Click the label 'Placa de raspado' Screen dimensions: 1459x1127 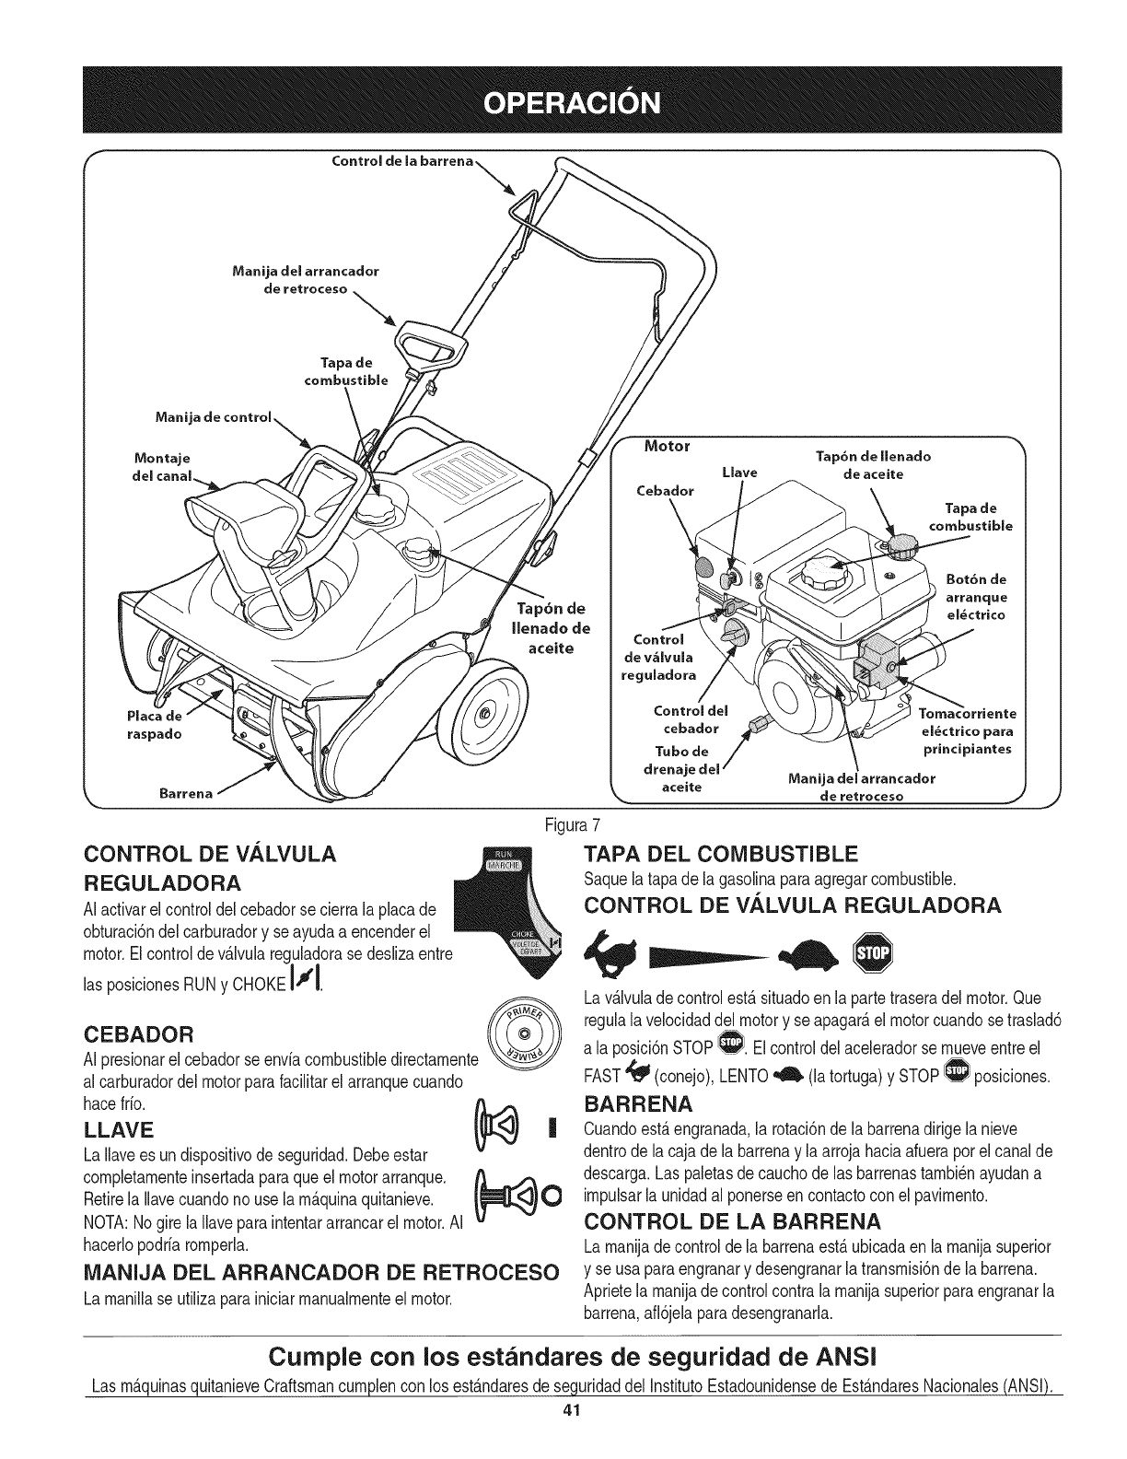154,726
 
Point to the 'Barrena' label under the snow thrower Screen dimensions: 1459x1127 188,792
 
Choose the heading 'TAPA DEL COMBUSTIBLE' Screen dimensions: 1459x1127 721,850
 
